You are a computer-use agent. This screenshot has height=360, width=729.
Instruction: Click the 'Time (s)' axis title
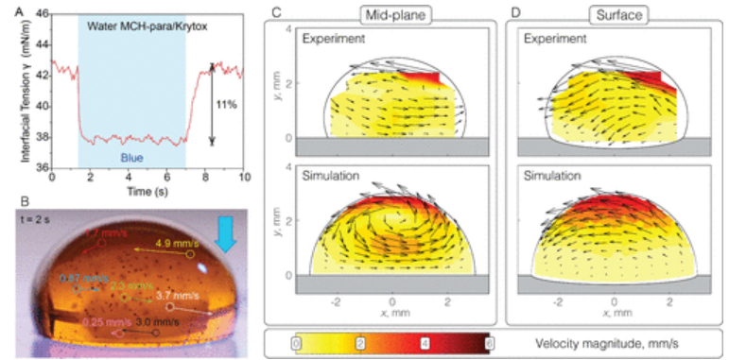coord(147,190)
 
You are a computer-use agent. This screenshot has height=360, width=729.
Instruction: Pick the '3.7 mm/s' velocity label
coord(196,296)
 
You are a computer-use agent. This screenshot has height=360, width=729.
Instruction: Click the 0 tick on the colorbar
coord(297,342)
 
